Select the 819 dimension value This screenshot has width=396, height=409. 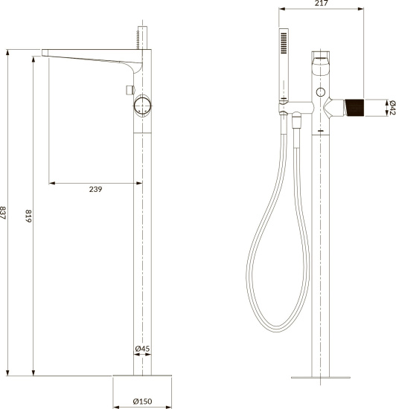pyautogui.click(x=29, y=217)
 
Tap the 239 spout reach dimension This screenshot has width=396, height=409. pyautogui.click(x=95, y=190)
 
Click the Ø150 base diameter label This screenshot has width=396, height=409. pyautogui.click(x=142, y=402)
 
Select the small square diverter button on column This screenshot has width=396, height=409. pyautogui.click(x=127, y=89)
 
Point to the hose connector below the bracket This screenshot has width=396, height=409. pyautogui.click(x=296, y=121)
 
